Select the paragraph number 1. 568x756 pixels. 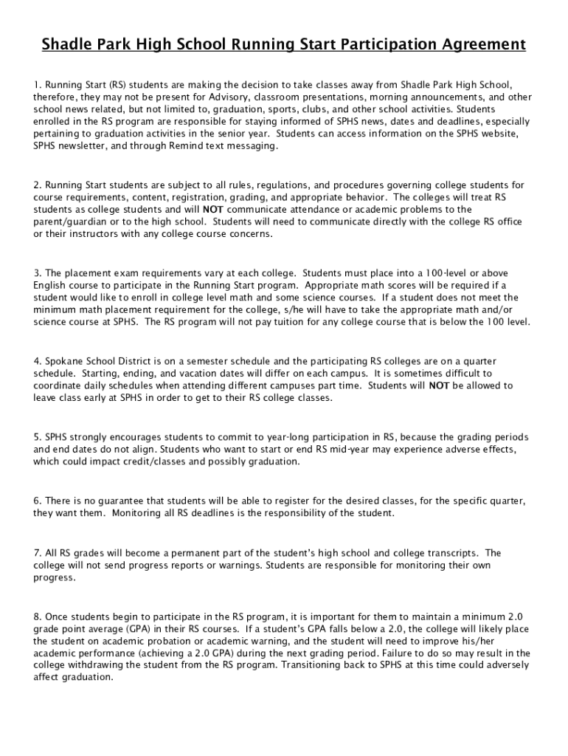[x=36, y=85]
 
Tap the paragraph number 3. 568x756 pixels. [x=36, y=273]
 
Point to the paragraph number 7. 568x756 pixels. [x=36, y=552]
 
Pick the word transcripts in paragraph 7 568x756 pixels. [x=451, y=552]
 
